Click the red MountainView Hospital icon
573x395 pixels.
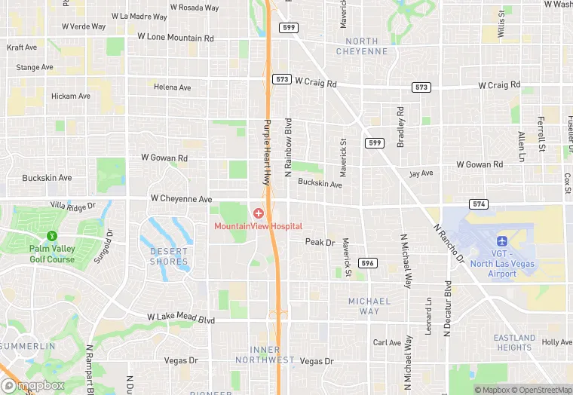(x=259, y=214)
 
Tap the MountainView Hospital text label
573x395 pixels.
(x=259, y=226)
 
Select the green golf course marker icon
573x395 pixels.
(x=51, y=237)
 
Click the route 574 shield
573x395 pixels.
(x=478, y=204)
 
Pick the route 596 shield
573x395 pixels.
(x=367, y=263)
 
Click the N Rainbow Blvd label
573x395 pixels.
(x=287, y=147)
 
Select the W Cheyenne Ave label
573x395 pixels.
(x=181, y=199)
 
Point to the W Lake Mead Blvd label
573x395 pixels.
(x=181, y=319)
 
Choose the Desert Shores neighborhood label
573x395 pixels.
(x=169, y=256)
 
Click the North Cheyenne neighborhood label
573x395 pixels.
(x=366, y=46)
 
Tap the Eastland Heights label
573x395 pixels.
(x=514, y=342)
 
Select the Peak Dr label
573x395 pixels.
(x=320, y=242)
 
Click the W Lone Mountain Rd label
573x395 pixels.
(x=176, y=37)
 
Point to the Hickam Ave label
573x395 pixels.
(x=71, y=96)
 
